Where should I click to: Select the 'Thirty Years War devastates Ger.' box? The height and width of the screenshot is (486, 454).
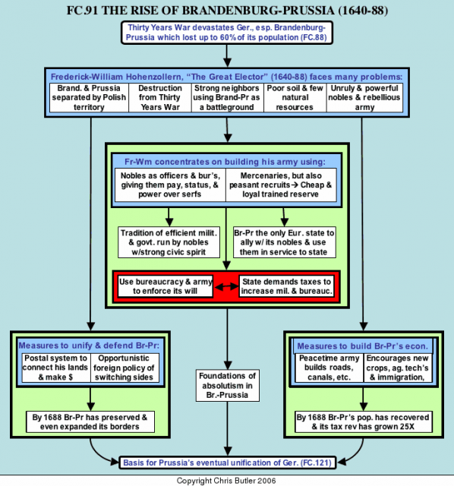coord(227,33)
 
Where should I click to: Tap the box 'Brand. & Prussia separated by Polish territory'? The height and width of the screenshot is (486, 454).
coord(89,98)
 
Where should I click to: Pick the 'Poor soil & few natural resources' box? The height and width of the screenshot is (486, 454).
coord(295,98)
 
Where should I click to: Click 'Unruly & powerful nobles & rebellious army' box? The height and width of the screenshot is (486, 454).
coord(364,98)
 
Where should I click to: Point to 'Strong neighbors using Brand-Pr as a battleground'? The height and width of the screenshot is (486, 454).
coord(227,98)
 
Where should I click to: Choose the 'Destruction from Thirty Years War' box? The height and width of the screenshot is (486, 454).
coord(160,98)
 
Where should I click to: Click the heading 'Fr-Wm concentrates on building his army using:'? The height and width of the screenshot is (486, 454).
coord(225,162)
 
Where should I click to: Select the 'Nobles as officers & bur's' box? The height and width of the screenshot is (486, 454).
coord(170,185)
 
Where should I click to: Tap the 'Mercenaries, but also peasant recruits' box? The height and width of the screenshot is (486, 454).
coord(281,185)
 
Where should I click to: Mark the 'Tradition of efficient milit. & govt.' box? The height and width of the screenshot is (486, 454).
coord(169,242)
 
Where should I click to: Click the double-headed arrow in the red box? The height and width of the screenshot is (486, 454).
coord(227,287)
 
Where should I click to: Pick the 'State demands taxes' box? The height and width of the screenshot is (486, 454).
coord(287,286)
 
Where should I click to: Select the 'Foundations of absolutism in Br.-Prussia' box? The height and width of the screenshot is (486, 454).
coord(228,386)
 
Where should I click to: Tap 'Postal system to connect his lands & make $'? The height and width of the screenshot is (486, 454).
coord(56,368)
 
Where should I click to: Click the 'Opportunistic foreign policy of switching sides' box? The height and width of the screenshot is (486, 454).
coord(125,368)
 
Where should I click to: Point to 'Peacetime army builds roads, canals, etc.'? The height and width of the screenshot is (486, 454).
coord(329,368)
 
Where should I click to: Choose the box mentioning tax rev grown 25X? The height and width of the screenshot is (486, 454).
coord(364,422)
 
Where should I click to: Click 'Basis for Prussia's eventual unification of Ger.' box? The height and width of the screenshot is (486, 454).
coord(228,462)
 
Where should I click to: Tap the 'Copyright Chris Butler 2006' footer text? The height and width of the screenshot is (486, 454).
coord(226,481)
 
